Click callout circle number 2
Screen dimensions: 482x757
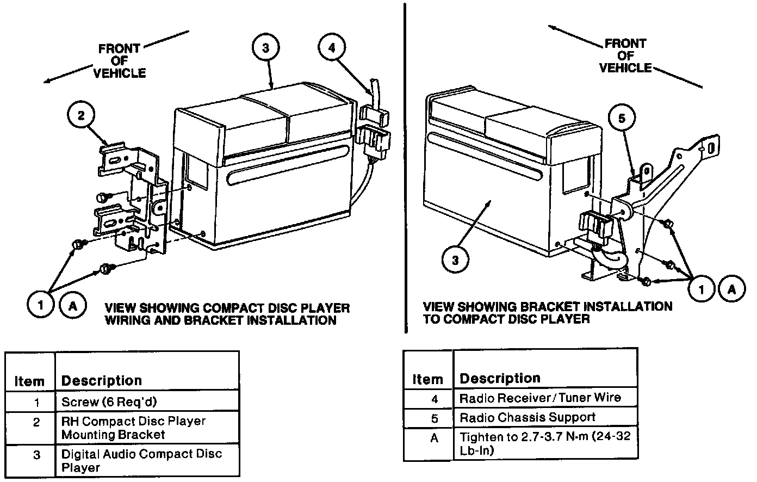(x=81, y=115)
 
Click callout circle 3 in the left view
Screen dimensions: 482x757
(x=265, y=48)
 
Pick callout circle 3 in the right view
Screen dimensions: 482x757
(x=455, y=261)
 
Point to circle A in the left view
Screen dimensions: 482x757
(x=72, y=305)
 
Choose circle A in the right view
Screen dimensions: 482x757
(x=732, y=289)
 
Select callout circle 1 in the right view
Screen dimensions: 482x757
(x=701, y=289)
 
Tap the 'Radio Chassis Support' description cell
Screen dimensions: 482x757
(x=527, y=418)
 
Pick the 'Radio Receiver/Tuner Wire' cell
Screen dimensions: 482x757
(x=539, y=398)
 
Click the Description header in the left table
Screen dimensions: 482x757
(x=101, y=381)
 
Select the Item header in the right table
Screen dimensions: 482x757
(x=427, y=379)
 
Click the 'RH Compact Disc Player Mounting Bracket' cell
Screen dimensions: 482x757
(x=133, y=428)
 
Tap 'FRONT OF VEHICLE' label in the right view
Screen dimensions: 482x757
(x=625, y=55)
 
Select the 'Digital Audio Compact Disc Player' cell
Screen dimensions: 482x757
(x=141, y=461)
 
